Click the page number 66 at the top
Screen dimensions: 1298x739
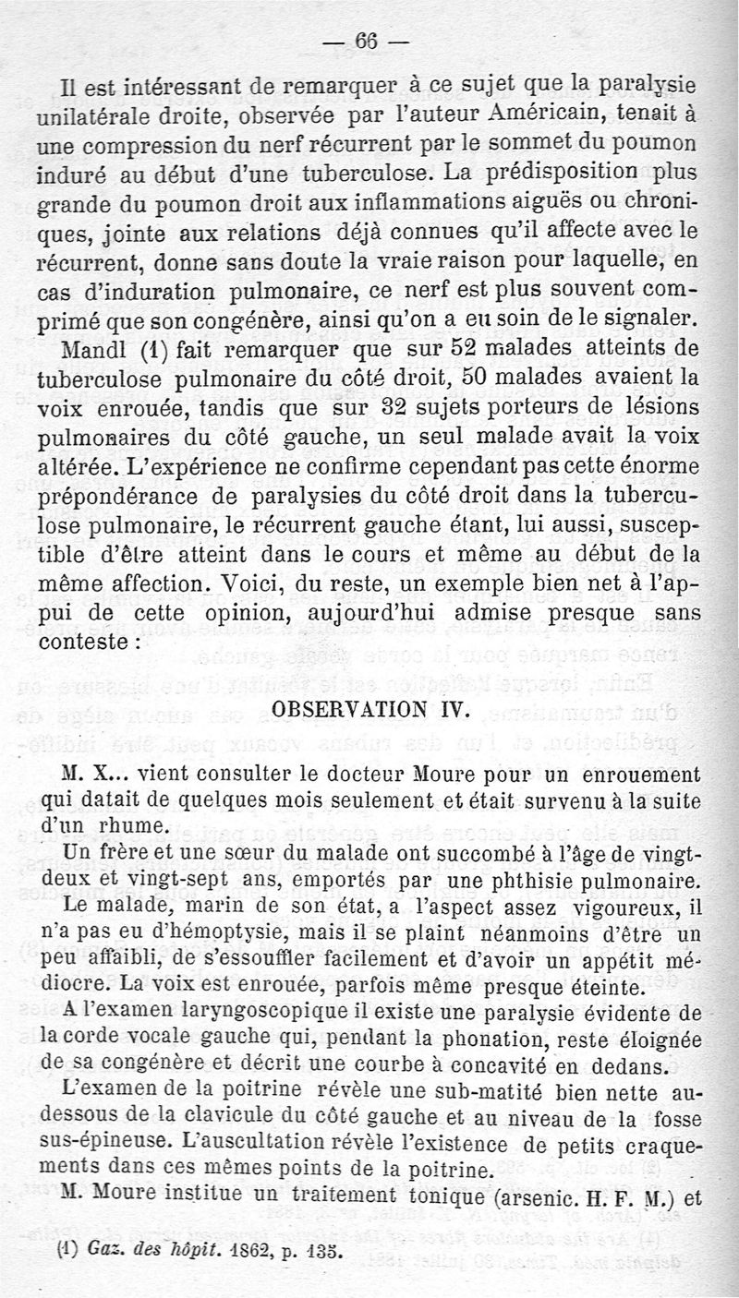click(x=367, y=42)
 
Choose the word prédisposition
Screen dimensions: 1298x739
click(x=558, y=173)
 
